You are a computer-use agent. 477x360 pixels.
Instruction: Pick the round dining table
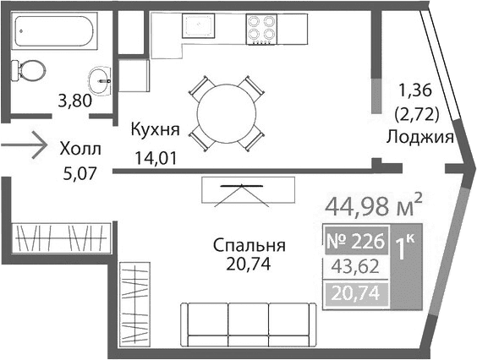click(227, 111)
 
